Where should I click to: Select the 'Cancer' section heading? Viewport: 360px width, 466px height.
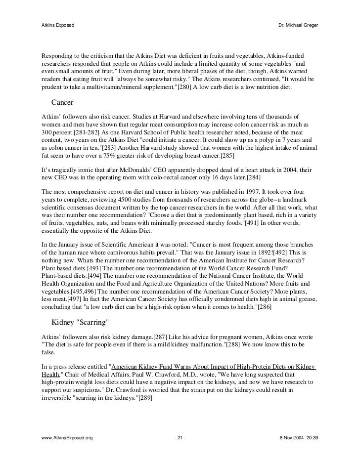[62, 103]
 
